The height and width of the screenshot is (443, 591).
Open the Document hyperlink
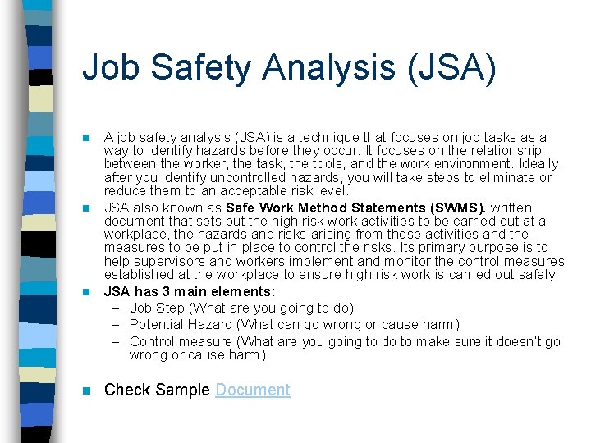(x=253, y=390)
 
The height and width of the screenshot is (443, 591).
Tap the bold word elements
(x=241, y=291)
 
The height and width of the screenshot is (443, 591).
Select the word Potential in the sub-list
(x=158, y=325)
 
